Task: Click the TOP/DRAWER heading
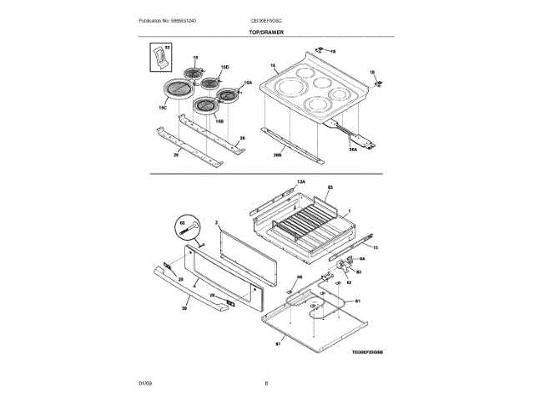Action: [266, 32]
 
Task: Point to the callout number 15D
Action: [224, 66]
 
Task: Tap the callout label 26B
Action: [275, 155]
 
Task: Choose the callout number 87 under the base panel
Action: [278, 343]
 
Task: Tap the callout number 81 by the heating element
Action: [358, 300]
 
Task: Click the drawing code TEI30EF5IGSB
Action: [368, 353]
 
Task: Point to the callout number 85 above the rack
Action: [330, 188]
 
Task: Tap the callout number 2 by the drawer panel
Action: [216, 224]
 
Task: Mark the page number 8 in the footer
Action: [266, 383]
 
